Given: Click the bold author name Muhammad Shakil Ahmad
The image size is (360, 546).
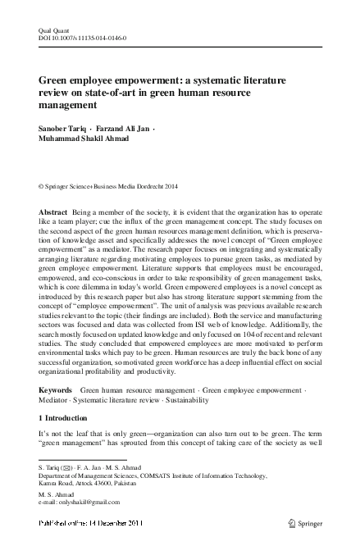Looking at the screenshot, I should pyautogui.click(x=80, y=141).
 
